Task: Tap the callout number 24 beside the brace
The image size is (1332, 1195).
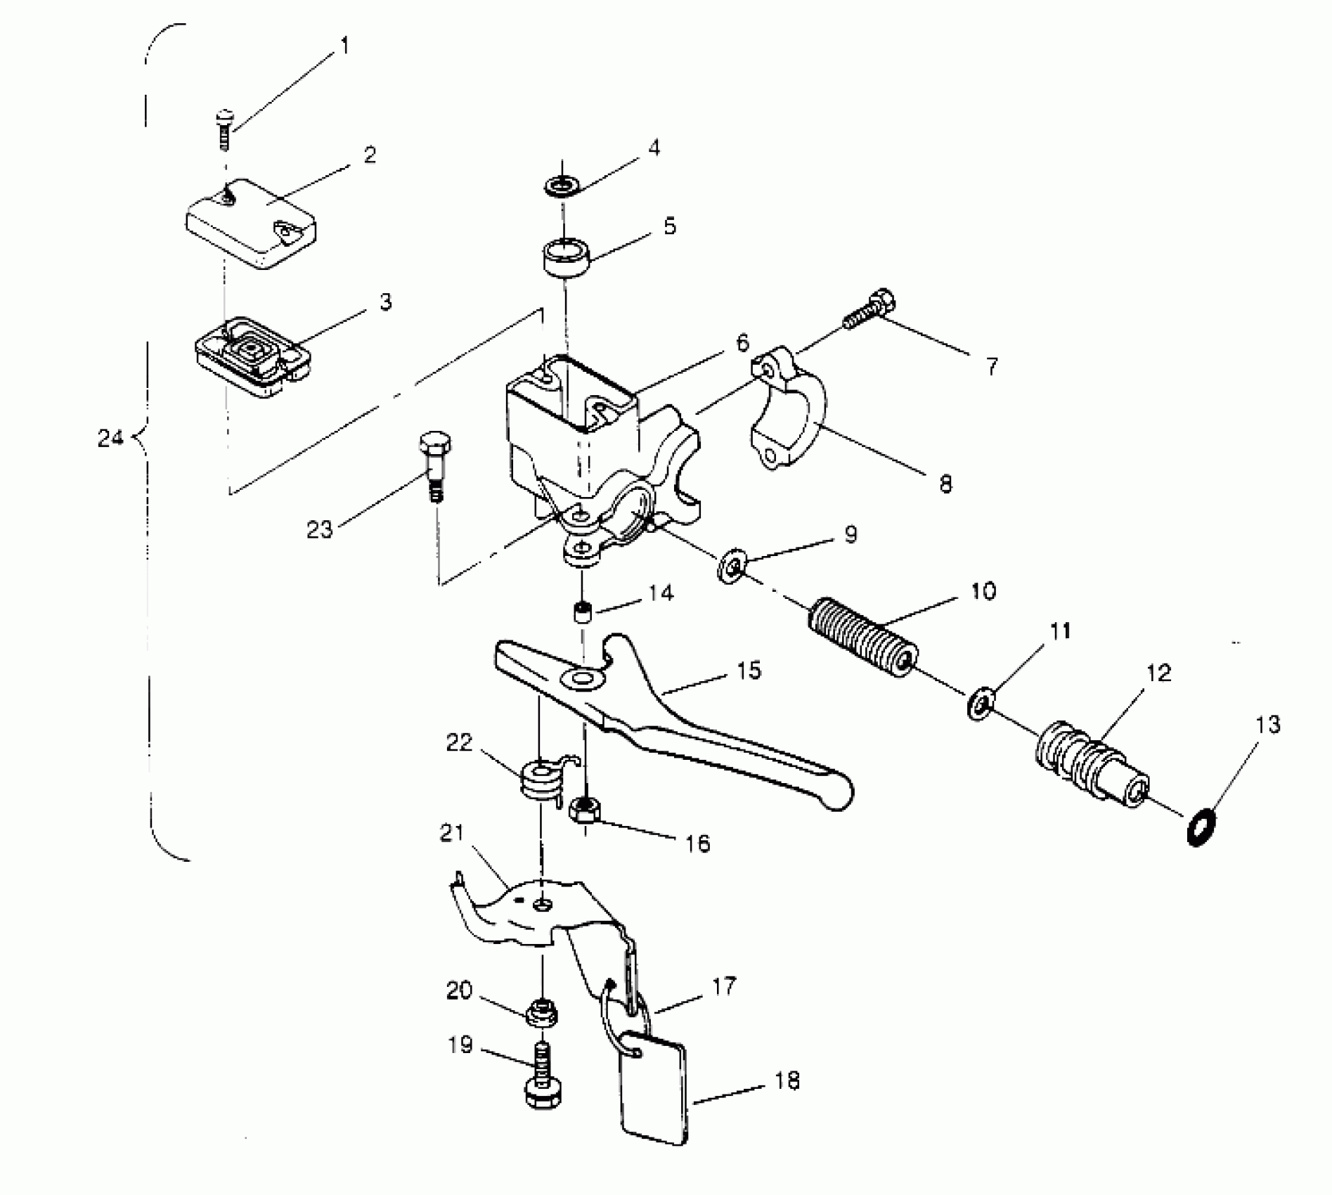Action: point(110,439)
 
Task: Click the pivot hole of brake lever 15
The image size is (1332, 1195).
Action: point(581,679)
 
